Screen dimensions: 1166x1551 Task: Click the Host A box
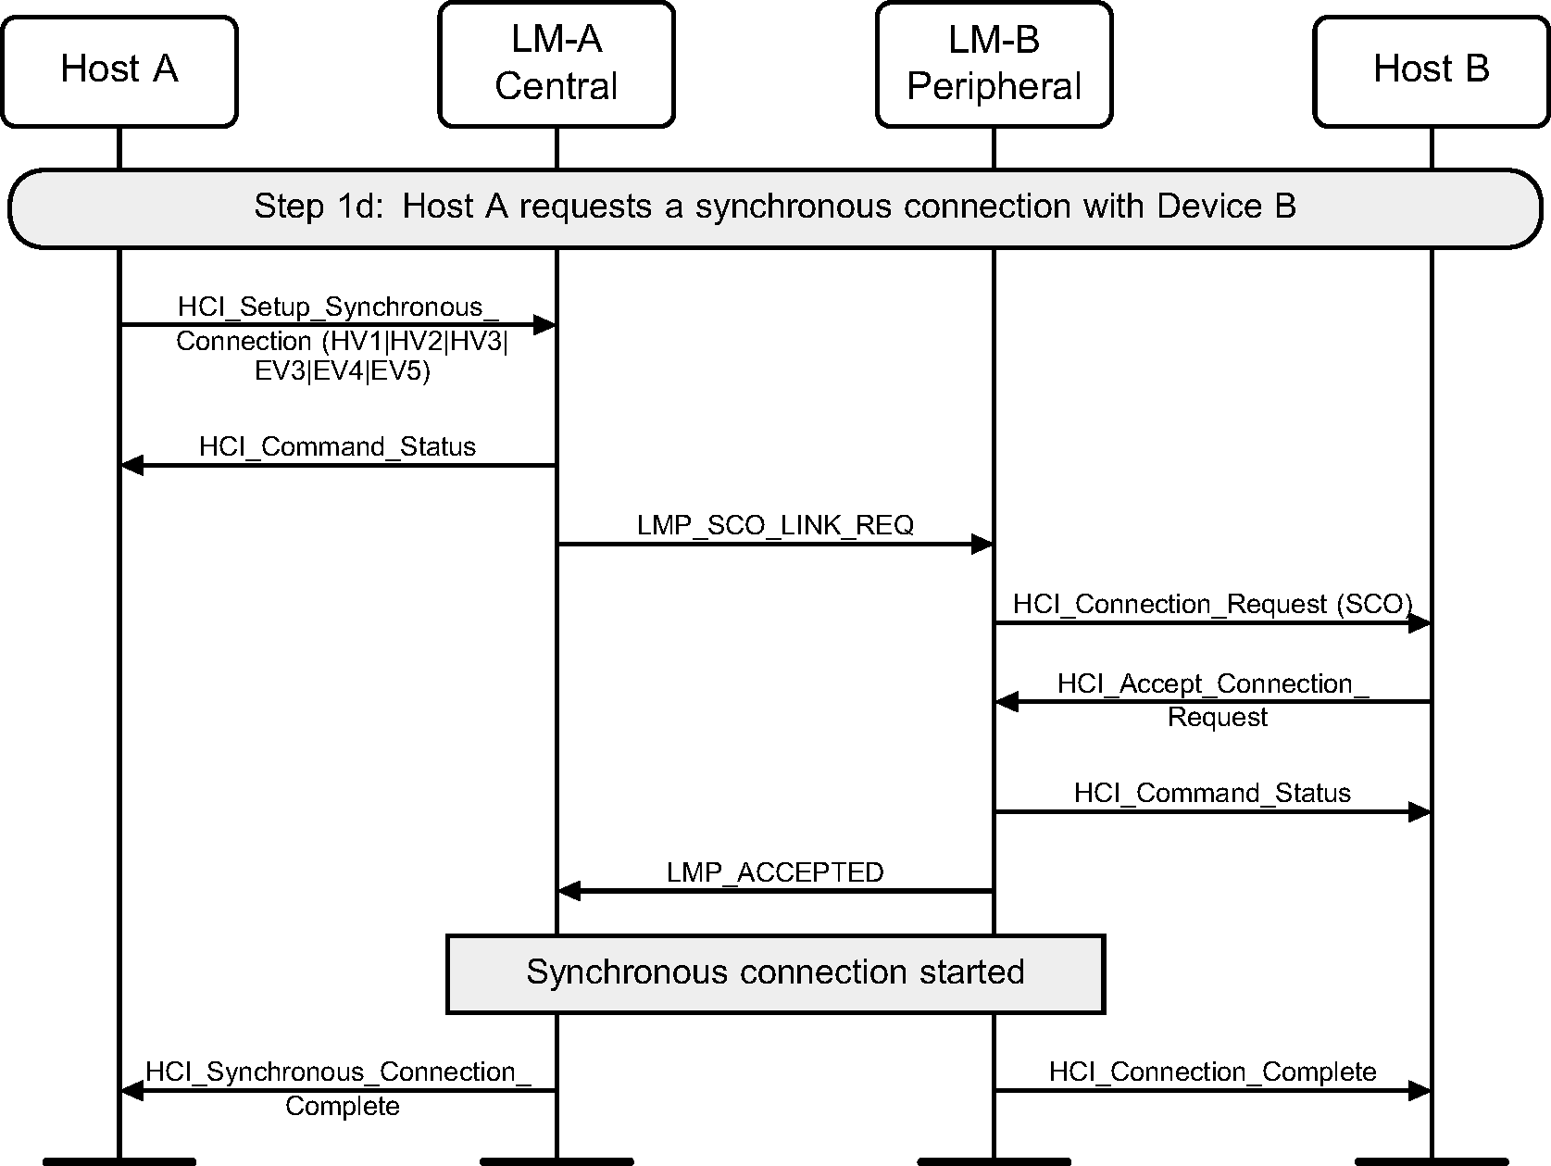coord(119,70)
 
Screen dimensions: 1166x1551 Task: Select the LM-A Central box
coord(556,64)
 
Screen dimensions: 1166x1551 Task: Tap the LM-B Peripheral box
coord(994,64)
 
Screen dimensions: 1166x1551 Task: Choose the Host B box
coord(1431,70)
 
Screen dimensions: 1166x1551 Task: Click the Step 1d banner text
coord(774,207)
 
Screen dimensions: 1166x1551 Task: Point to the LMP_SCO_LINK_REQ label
coord(774,526)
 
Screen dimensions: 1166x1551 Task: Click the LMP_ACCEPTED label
coord(774,872)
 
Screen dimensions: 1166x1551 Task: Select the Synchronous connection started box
coord(774,973)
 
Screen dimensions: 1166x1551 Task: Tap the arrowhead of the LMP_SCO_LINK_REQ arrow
coord(982,545)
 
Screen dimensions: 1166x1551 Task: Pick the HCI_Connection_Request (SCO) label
coord(1212,605)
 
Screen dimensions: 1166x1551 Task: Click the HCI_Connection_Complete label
coord(1212,1072)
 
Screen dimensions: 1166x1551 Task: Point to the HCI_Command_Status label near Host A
coord(337,447)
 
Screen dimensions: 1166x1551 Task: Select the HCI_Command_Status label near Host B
coord(1212,794)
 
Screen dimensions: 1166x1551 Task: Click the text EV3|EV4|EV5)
coord(343,372)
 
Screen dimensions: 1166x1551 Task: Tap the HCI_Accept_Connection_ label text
coord(1212,684)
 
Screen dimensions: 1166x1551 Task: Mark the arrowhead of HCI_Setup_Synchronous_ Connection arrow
coord(544,325)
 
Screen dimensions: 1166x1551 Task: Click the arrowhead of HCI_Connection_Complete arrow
coord(1419,1091)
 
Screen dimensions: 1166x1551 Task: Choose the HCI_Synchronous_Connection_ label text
coord(338,1072)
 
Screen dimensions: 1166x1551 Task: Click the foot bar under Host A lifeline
coord(119,1160)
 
